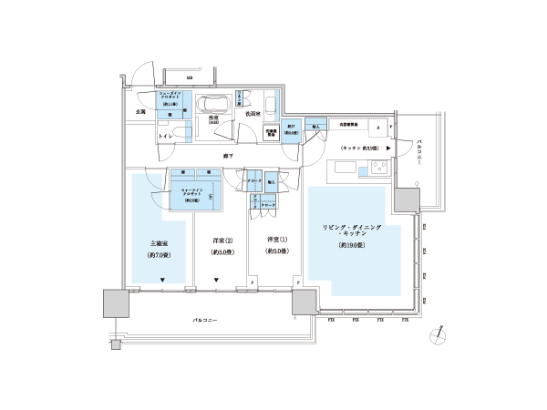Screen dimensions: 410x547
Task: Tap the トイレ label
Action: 165,136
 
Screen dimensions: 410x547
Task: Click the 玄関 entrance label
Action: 128,112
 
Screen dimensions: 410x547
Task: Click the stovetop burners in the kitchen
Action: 377,169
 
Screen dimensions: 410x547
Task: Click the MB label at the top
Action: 190,79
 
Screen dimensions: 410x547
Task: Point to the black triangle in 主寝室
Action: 162,279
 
